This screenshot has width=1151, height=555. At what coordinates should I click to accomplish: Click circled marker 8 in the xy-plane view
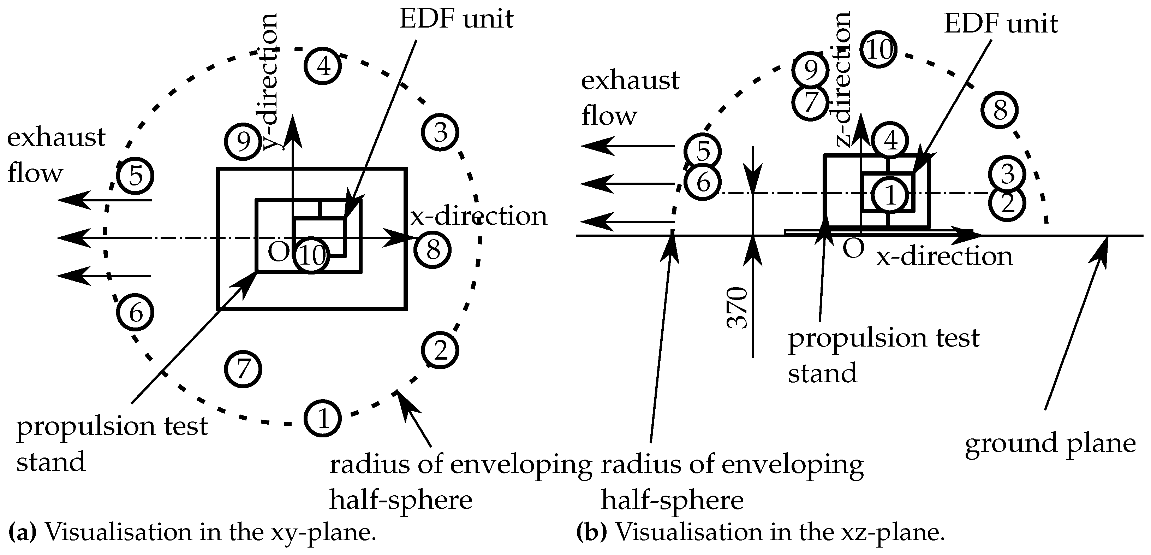coord(432,249)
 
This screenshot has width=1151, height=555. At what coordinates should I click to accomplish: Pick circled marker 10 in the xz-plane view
coord(879,50)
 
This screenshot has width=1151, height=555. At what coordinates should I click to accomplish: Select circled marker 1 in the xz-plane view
coord(890,195)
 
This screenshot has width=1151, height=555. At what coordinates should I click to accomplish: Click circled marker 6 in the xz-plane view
coord(703,182)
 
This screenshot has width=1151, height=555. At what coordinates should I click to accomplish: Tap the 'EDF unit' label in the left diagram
coord(456,19)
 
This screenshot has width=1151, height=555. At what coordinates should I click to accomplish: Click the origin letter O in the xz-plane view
coord(853,249)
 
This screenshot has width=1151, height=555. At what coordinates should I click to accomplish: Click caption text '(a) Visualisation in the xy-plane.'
coord(192,532)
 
